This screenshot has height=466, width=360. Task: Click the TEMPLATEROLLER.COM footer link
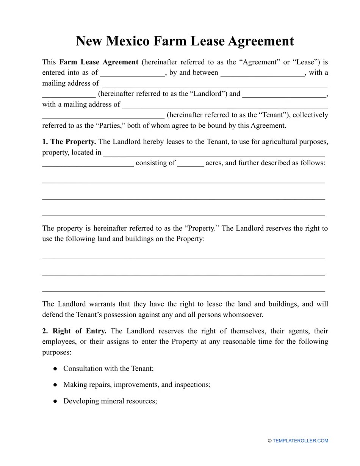point(300,441)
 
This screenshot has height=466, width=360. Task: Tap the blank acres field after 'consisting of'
point(190,164)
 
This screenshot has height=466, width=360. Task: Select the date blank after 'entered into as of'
point(132,73)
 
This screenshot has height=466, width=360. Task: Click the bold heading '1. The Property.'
point(69,142)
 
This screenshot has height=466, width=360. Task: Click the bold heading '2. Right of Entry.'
point(74,331)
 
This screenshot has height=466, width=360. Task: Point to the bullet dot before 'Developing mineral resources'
point(55,401)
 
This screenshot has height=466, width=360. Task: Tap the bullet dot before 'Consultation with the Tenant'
point(55,369)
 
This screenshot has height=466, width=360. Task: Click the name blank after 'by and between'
point(262,73)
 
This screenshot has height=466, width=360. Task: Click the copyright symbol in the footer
point(270,441)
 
